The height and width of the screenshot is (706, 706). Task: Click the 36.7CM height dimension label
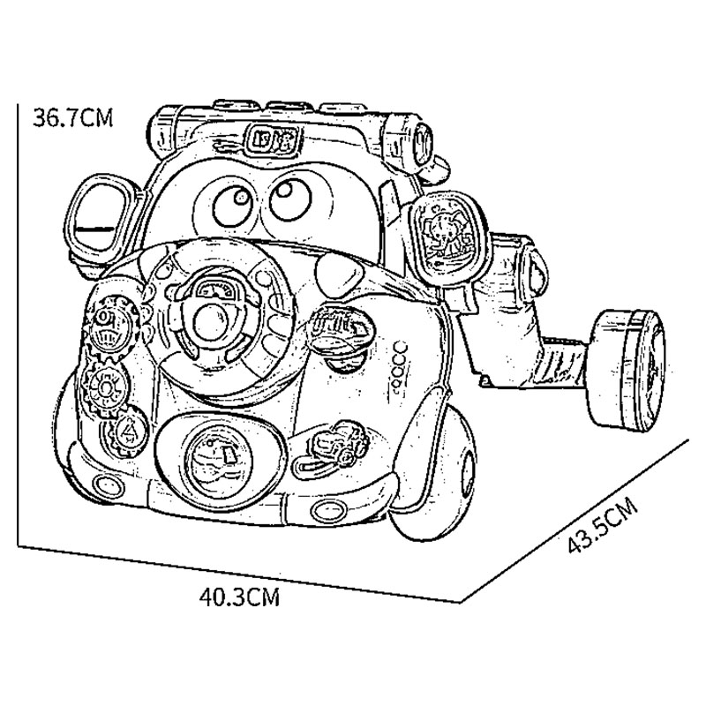pyautogui.click(x=72, y=118)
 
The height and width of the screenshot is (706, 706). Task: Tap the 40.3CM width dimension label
pyautogui.click(x=239, y=597)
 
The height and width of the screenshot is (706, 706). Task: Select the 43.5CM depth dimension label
pyautogui.click(x=603, y=525)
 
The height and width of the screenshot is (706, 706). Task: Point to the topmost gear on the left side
pyautogui.click(x=110, y=324)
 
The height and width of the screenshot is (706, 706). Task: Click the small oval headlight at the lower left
pyautogui.click(x=108, y=485)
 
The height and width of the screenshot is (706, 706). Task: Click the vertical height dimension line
pyautogui.click(x=18, y=325)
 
